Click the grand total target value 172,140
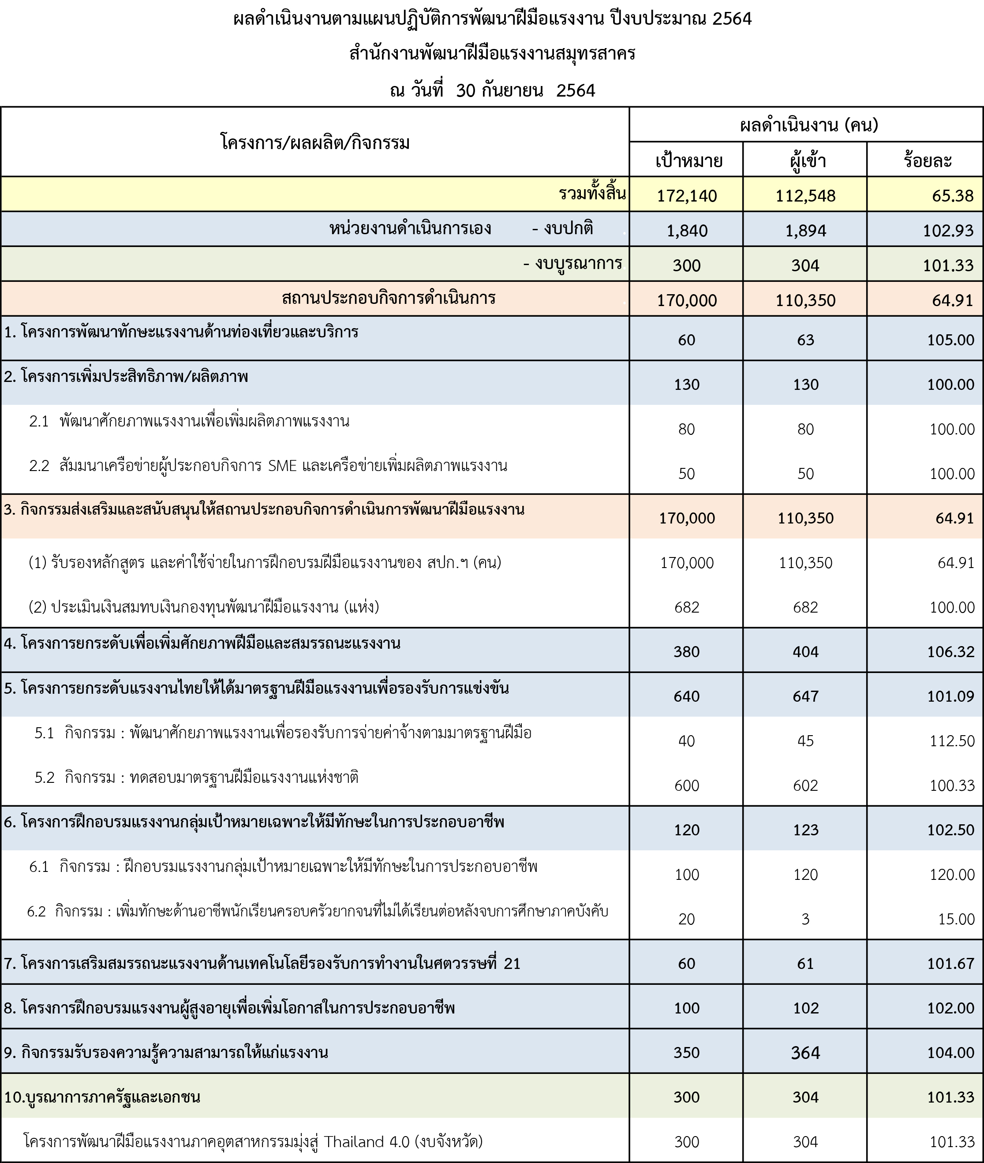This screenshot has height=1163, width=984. pos(687,196)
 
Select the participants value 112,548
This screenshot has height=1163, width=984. pos(805,196)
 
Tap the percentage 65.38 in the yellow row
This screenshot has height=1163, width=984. pos(952,196)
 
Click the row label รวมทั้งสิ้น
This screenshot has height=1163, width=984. pos(592,194)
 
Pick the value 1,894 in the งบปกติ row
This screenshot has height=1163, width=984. pos(805,230)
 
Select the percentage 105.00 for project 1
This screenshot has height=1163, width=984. pos(950,340)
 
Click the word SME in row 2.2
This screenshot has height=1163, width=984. pos(282,466)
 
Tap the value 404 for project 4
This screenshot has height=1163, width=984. pos(805,651)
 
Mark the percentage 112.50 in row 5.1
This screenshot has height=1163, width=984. pos(952,741)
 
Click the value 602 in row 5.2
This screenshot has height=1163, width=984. pos(805,785)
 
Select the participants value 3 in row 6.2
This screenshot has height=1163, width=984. pos(805,919)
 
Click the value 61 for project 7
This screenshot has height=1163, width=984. pos(805,964)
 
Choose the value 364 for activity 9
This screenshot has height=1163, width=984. pos(805,1053)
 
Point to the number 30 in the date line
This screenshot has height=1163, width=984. pos(465,90)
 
